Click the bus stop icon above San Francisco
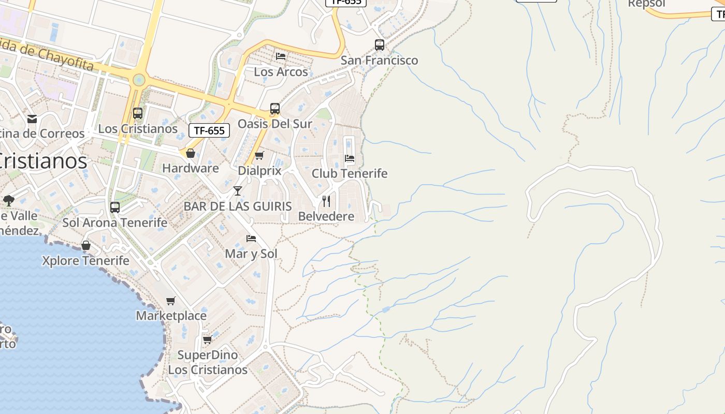(x=380, y=45)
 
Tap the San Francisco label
(x=379, y=60)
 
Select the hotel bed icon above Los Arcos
(x=281, y=56)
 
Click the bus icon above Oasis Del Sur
(x=274, y=109)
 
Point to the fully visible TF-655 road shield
(x=209, y=130)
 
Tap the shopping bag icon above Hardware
(x=190, y=153)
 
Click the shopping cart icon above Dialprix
(x=259, y=155)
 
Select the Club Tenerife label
(x=349, y=173)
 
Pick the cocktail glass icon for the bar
(x=237, y=191)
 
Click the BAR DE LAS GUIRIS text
(x=238, y=206)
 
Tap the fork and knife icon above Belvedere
(x=326, y=201)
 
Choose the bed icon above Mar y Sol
(x=251, y=239)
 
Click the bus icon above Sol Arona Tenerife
(x=115, y=208)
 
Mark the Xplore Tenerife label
(x=85, y=260)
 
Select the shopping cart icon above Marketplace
(x=170, y=301)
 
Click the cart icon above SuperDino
(x=207, y=340)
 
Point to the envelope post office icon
(x=32, y=119)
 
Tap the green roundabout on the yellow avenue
(x=138, y=80)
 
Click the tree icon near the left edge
(x=8, y=200)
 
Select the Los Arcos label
(x=281, y=72)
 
